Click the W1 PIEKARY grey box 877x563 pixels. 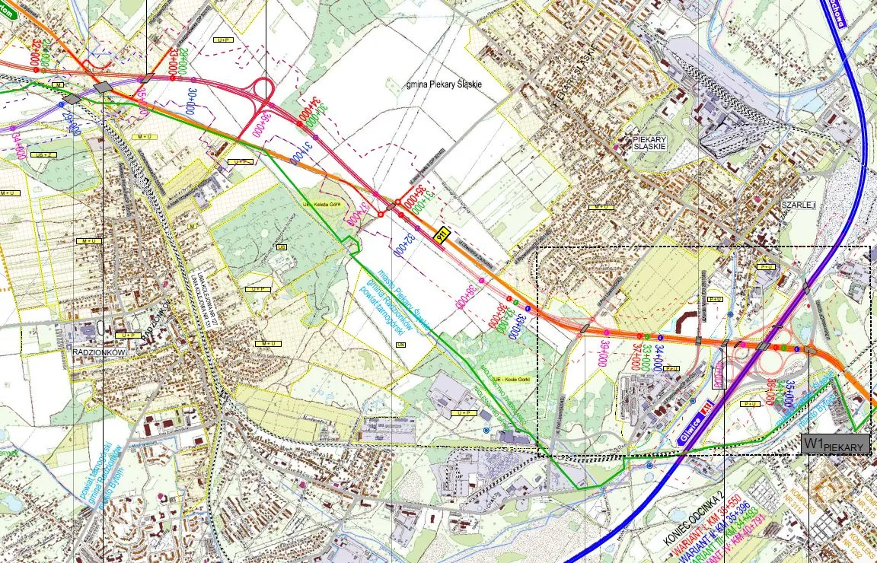(x=835, y=444)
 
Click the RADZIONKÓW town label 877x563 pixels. (x=98, y=353)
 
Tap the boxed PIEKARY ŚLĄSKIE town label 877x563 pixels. (x=649, y=144)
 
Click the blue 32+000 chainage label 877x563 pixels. (x=400, y=243)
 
